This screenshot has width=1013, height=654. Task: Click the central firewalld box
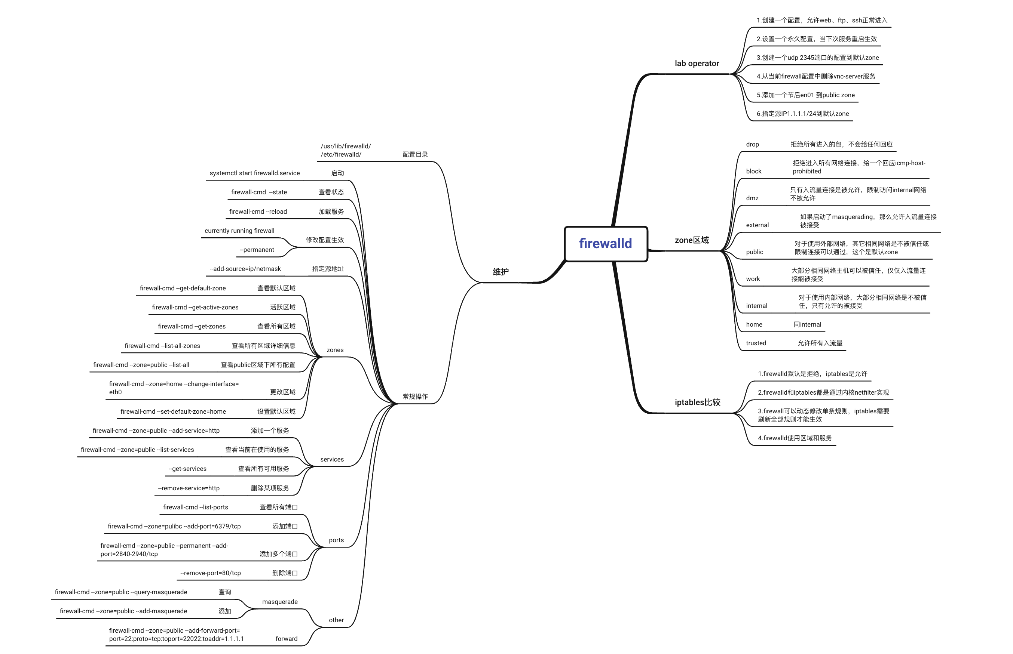(x=605, y=243)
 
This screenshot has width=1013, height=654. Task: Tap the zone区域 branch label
(x=691, y=240)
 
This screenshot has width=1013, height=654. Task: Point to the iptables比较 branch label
(x=697, y=402)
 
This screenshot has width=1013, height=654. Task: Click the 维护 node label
(x=501, y=272)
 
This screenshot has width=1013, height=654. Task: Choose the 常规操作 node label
(x=415, y=396)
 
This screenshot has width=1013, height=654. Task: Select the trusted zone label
(x=755, y=343)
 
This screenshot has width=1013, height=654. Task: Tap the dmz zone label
(x=752, y=198)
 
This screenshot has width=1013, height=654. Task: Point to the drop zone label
(x=752, y=144)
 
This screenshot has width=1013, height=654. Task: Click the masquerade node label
(x=280, y=602)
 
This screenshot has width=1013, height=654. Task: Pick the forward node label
(x=286, y=639)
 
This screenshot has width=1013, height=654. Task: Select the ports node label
(x=336, y=540)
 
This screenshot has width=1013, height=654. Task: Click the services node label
(x=331, y=460)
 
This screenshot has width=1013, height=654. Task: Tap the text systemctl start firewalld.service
(x=254, y=173)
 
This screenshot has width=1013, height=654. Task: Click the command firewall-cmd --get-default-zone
(x=183, y=289)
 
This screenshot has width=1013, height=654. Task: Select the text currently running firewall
(x=239, y=231)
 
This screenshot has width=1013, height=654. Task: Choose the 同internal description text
(x=807, y=324)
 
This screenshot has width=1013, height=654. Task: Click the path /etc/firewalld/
(x=340, y=155)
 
